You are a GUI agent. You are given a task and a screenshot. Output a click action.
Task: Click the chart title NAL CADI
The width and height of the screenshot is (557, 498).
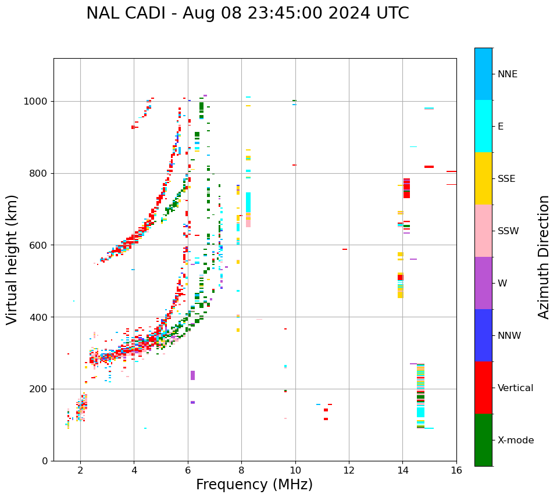[247, 13]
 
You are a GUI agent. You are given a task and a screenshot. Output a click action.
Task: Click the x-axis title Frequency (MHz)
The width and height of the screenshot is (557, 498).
[254, 485]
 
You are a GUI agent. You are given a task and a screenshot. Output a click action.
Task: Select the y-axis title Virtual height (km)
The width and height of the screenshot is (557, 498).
[12, 259]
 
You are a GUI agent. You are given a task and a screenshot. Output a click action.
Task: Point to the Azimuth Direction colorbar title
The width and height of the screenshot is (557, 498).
[544, 256]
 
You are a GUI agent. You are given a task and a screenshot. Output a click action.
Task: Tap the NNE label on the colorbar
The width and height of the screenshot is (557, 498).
[507, 74]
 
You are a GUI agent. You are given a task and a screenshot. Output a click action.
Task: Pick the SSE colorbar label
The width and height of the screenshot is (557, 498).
[506, 179]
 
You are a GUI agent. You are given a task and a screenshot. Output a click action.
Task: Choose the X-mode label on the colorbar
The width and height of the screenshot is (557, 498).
[515, 440]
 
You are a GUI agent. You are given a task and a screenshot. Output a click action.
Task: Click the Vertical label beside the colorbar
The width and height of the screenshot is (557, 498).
[515, 388]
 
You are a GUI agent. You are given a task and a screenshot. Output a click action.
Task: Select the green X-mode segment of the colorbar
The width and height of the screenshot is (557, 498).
[483, 440]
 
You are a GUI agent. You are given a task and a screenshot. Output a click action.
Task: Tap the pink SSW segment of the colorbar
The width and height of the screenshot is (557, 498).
[483, 231]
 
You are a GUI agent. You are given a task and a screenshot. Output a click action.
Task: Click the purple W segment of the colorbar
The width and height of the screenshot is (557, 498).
[483, 283]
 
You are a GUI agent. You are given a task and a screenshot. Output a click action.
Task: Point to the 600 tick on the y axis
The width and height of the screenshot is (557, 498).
[39, 245]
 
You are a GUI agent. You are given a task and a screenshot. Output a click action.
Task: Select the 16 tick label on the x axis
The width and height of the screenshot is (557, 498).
[456, 470]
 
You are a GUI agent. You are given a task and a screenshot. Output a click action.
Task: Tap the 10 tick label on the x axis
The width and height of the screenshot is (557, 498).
[295, 470]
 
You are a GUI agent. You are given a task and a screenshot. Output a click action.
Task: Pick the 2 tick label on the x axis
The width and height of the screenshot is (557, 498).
[80, 470]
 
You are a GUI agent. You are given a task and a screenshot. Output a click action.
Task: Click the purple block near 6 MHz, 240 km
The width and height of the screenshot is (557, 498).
[192, 375]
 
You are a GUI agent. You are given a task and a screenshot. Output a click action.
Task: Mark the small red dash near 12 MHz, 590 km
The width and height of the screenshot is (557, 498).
[345, 249]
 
